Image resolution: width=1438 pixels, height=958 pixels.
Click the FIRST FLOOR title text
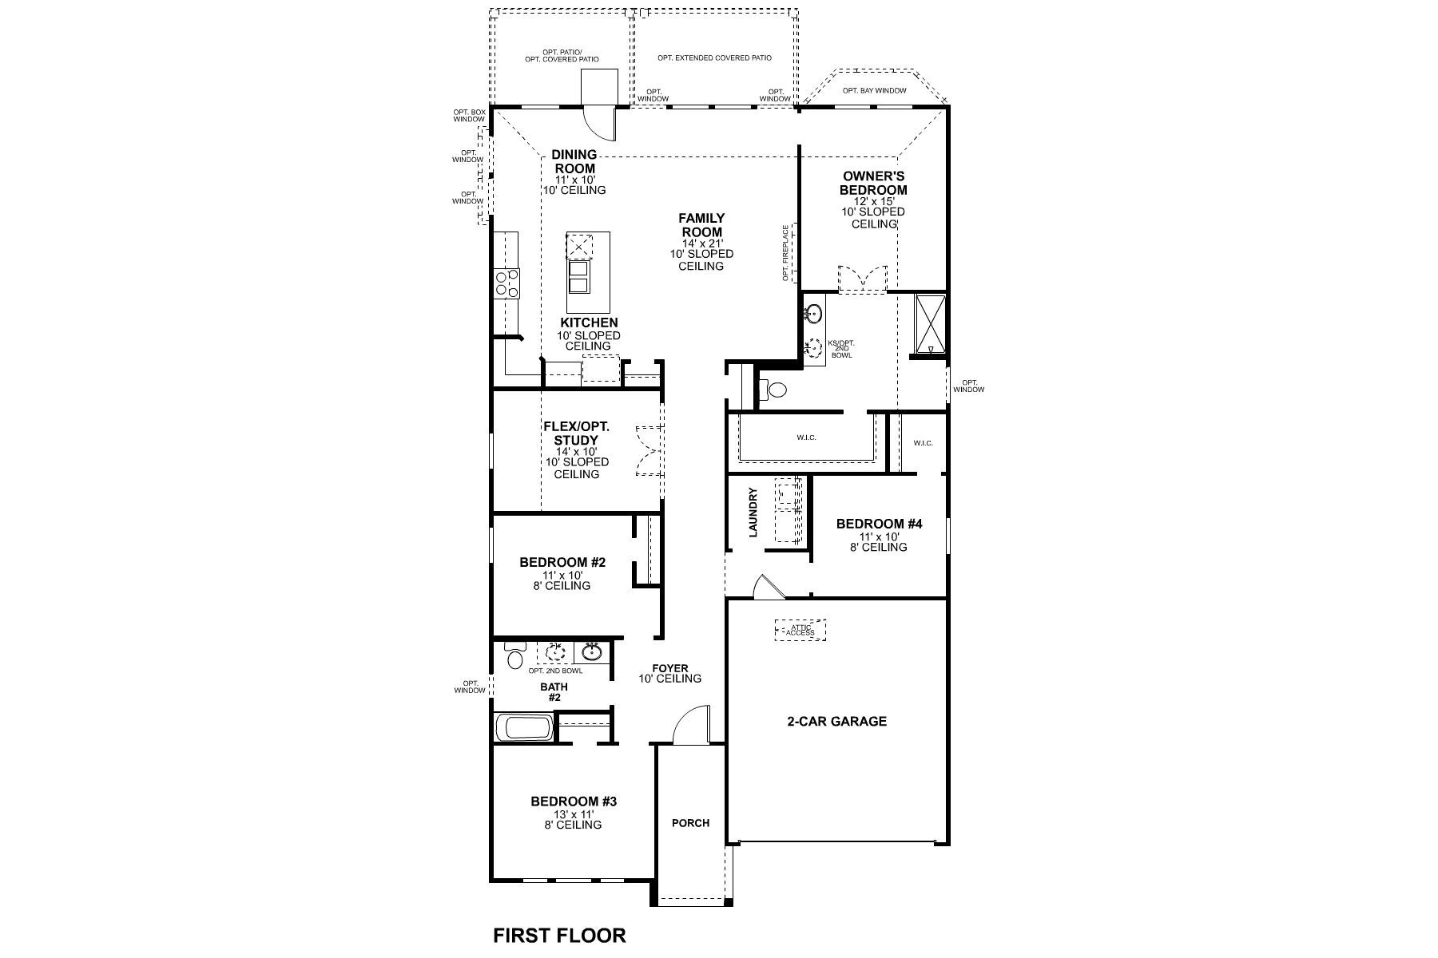click(559, 935)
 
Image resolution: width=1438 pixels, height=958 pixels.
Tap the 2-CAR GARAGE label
click(836, 721)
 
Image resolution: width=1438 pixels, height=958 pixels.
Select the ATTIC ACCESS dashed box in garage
click(800, 630)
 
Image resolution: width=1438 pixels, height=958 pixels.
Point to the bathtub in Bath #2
click(524, 728)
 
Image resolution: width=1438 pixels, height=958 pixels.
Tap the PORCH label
click(690, 822)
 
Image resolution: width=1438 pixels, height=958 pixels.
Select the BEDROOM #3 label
click(574, 802)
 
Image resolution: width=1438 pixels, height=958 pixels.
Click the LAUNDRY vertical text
click(753, 513)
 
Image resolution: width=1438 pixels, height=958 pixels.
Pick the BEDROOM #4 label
click(879, 524)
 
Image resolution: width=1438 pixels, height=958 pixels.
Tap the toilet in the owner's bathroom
click(773, 390)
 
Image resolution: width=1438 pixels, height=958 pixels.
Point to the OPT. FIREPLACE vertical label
click(786, 252)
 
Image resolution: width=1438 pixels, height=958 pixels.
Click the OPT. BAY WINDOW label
click(874, 90)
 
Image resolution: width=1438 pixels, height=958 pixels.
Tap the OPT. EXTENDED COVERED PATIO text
click(714, 57)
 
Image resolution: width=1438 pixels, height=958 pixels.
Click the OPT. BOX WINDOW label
click(469, 115)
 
